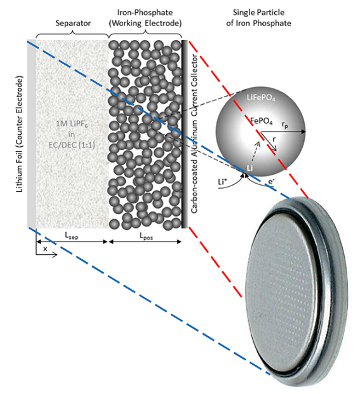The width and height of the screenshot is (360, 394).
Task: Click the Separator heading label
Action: tap(73, 24)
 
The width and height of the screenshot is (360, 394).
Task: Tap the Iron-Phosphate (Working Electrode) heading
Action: tap(145, 18)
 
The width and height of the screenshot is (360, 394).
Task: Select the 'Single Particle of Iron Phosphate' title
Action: tap(258, 18)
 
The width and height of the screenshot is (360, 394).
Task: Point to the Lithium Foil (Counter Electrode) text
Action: tap(19, 134)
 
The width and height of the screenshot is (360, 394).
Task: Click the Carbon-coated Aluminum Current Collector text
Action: tap(194, 134)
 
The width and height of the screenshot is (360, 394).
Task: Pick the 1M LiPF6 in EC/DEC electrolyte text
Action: tap(72, 135)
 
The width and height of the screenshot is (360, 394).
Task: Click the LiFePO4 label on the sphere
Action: tap(261, 97)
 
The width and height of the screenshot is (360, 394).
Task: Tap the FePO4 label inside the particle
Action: tap(262, 121)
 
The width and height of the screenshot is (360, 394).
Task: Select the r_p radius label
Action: tap(284, 125)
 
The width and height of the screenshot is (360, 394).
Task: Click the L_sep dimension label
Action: tap(72, 236)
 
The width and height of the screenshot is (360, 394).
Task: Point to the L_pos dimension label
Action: tap(146, 236)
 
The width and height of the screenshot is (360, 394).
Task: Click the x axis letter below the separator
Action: tap(45, 248)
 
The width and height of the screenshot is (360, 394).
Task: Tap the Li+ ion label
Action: tap(222, 181)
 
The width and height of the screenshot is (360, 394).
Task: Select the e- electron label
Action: tap(271, 181)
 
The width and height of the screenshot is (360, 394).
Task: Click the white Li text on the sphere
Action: tap(250, 168)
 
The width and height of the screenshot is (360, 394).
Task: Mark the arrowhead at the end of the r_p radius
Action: tap(303, 132)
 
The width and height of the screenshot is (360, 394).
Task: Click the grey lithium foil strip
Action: tap(32, 134)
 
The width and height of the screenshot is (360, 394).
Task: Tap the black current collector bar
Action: tap(185, 134)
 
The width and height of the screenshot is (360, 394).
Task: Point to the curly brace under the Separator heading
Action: tap(72, 35)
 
